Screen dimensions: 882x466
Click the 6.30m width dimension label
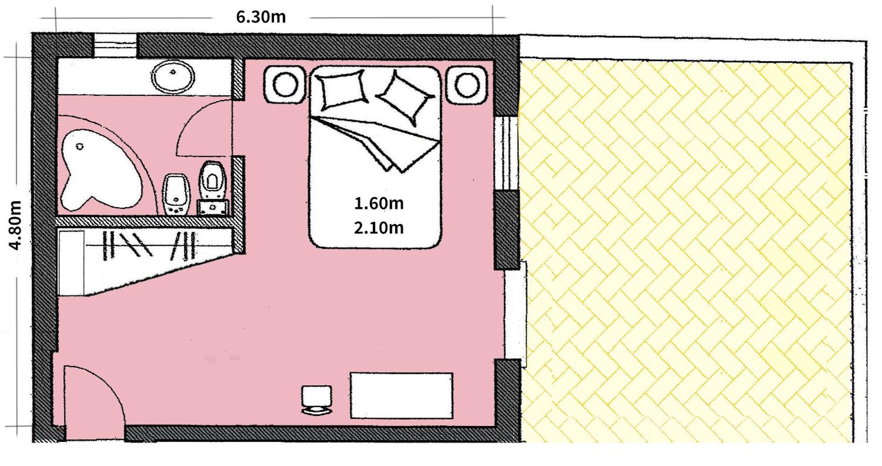point(261,17)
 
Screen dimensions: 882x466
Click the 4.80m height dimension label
point(15,225)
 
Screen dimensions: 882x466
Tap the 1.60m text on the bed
point(379,203)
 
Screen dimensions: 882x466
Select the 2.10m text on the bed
point(379,228)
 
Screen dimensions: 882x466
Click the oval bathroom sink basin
point(173,76)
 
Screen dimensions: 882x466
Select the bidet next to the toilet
point(177,195)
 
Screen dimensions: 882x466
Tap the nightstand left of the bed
point(285,84)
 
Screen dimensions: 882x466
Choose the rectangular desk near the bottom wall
point(401,395)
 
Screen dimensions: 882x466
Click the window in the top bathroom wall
point(115,45)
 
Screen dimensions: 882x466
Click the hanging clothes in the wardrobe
point(150,245)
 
